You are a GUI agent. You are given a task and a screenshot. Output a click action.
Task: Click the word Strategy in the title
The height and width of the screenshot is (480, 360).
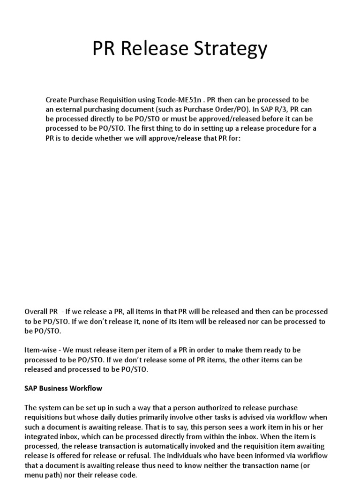(x=233, y=49)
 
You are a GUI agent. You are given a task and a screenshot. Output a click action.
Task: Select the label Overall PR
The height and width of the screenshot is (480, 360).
(x=41, y=312)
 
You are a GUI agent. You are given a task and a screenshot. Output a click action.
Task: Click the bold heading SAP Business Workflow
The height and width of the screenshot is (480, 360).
(x=63, y=388)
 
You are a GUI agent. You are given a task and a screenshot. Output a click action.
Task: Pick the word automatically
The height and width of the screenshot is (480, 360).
(x=177, y=446)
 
